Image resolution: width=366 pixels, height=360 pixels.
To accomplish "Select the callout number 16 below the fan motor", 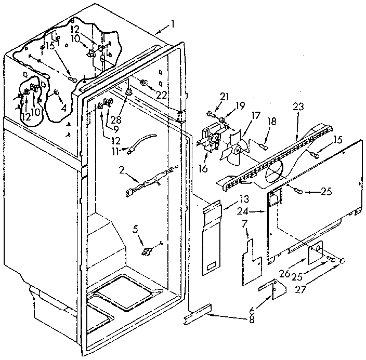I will click(203, 169).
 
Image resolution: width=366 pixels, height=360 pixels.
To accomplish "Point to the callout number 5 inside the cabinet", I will click(137, 226).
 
